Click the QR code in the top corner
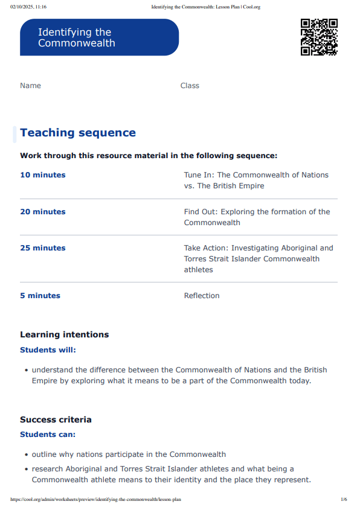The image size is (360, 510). point(319,37)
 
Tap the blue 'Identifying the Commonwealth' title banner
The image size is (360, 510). point(99,37)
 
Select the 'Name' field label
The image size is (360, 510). point(30,86)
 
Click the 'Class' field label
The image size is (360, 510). point(190,86)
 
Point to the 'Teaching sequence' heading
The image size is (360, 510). point(78,133)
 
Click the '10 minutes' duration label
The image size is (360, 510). point(43,175)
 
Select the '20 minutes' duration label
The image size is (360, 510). point(43,212)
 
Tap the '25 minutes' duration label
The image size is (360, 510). point(43,248)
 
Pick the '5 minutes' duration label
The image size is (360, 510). point(40,296)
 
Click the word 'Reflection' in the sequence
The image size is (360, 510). point(202,296)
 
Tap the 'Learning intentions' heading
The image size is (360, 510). point(65,334)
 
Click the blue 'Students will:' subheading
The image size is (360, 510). point(48,350)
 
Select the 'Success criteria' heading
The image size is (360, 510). point(56,419)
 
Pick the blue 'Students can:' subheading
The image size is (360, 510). point(48,435)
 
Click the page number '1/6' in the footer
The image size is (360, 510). point(344,500)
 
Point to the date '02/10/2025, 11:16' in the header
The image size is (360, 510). point(28,7)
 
